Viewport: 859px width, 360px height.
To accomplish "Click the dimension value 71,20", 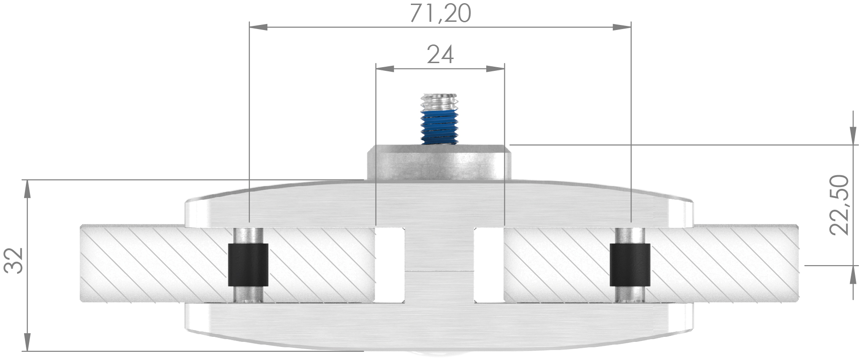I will [x=440, y=14].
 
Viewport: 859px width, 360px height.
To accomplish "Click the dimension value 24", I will [x=440, y=55].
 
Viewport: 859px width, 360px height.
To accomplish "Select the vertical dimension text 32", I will [x=13, y=261].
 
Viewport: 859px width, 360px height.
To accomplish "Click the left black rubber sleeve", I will [x=247, y=266].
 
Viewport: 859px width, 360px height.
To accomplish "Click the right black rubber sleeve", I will [x=630, y=266].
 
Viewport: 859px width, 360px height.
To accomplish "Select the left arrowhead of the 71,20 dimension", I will [x=258, y=28].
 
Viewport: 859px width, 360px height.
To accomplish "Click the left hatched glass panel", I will [x=150, y=263].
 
